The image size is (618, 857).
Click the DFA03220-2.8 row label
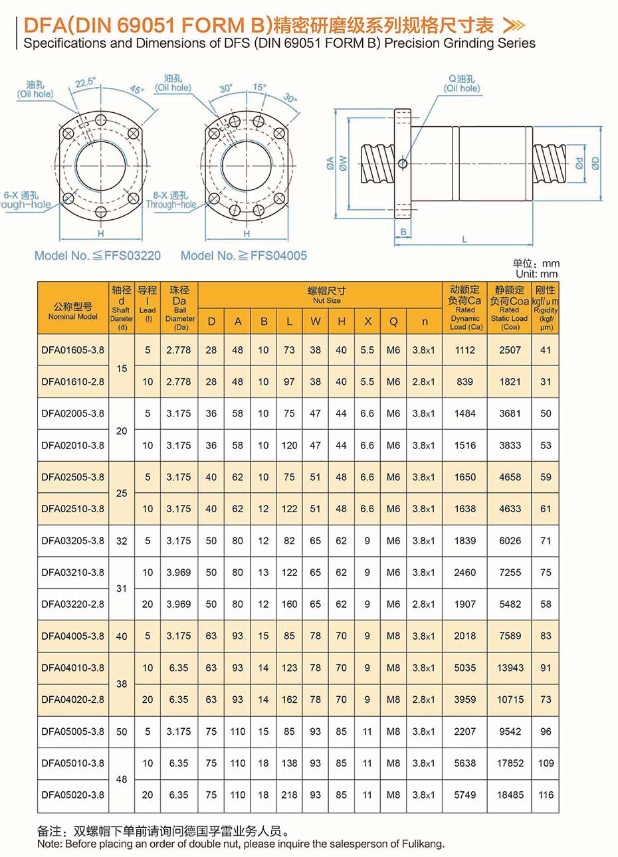pyautogui.click(x=72, y=604)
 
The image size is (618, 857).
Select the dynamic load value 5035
pyautogui.click(x=464, y=668)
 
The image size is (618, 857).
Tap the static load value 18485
pyautogui.click(x=510, y=795)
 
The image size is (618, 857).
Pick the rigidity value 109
pyautogui.click(x=546, y=763)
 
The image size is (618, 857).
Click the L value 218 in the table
pyautogui.click(x=289, y=795)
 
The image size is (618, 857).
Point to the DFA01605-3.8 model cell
pyautogui.click(x=72, y=350)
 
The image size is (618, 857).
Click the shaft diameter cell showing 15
pyautogui.click(x=122, y=366)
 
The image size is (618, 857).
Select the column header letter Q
pyautogui.click(x=393, y=322)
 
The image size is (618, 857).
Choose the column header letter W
pyautogui.click(x=315, y=322)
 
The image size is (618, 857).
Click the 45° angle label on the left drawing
pyautogui.click(x=136, y=89)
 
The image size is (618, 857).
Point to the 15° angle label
pyautogui.click(x=259, y=87)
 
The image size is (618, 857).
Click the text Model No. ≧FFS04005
pyautogui.click(x=244, y=255)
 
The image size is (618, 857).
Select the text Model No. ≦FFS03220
pyautogui.click(x=98, y=255)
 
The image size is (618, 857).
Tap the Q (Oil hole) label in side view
pyautogui.click(x=462, y=84)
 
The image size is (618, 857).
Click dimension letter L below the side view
pyautogui.click(x=464, y=239)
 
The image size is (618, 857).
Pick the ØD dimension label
pyautogui.click(x=595, y=163)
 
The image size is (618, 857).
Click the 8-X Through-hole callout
pyautogui.click(x=171, y=200)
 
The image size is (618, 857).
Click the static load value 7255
pyautogui.click(x=510, y=572)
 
